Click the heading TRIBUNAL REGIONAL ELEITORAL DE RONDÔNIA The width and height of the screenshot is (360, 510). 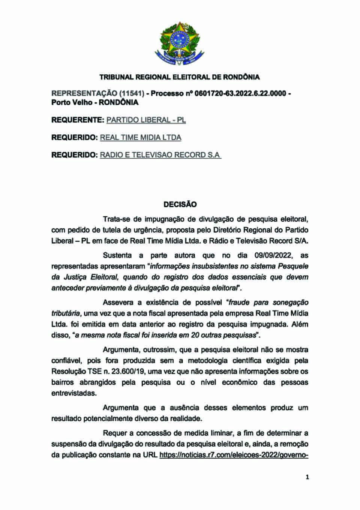tap(180, 77)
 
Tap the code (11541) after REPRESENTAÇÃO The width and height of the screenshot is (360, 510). tap(132, 93)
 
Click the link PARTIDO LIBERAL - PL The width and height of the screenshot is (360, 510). tap(146, 120)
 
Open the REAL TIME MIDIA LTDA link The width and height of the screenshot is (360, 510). tap(140, 138)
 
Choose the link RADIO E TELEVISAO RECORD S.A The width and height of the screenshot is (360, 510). tap(160, 155)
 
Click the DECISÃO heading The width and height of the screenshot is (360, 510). tap(180, 205)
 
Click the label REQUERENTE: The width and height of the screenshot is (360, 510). tap(78, 120)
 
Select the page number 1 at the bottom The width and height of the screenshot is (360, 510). tap(307, 477)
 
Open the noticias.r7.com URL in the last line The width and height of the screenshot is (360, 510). tap(234, 455)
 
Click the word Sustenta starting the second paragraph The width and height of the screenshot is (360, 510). tap(117, 256)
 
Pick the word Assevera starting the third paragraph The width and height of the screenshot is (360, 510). tap(118, 302)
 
